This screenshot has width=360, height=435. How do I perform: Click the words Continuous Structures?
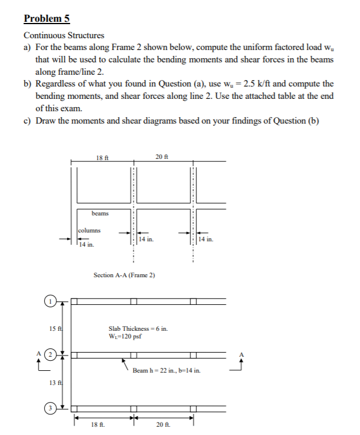(64, 36)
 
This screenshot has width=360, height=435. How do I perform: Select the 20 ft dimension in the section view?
(162, 157)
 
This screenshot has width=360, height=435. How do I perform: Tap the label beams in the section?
(99, 213)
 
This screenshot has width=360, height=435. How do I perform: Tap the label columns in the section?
(89, 231)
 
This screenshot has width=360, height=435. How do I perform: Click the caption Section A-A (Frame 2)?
(124, 275)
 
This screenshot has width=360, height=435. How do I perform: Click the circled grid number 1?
(51, 302)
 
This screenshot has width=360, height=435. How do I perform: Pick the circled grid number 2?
(51, 356)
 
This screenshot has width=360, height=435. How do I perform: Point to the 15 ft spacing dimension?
(54, 327)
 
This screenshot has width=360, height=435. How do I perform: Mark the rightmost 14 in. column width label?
(208, 239)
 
